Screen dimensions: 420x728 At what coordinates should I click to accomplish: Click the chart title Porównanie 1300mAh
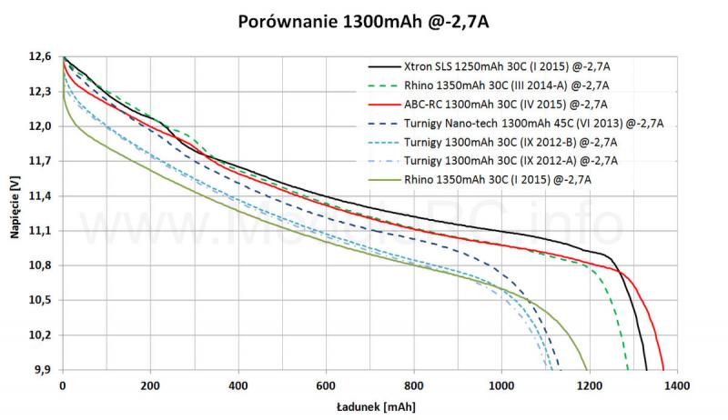pyautogui.click(x=363, y=20)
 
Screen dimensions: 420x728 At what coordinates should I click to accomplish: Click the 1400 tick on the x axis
pyautogui.click(x=676, y=385)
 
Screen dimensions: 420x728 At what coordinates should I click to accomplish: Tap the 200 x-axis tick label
pyautogui.click(x=149, y=385)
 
